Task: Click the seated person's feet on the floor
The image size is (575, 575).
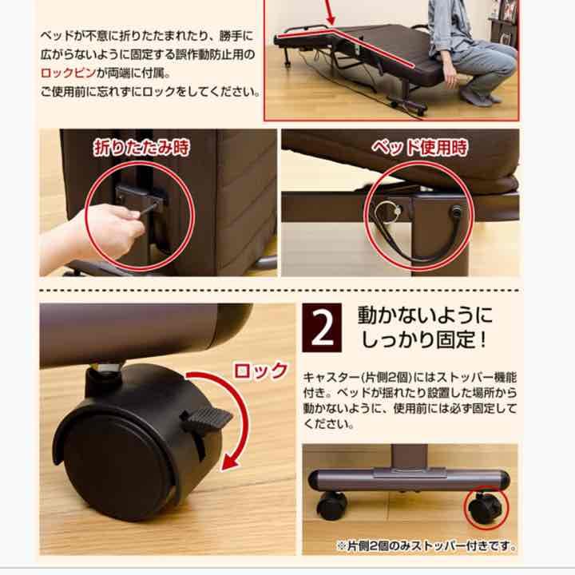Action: [x=479, y=97]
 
